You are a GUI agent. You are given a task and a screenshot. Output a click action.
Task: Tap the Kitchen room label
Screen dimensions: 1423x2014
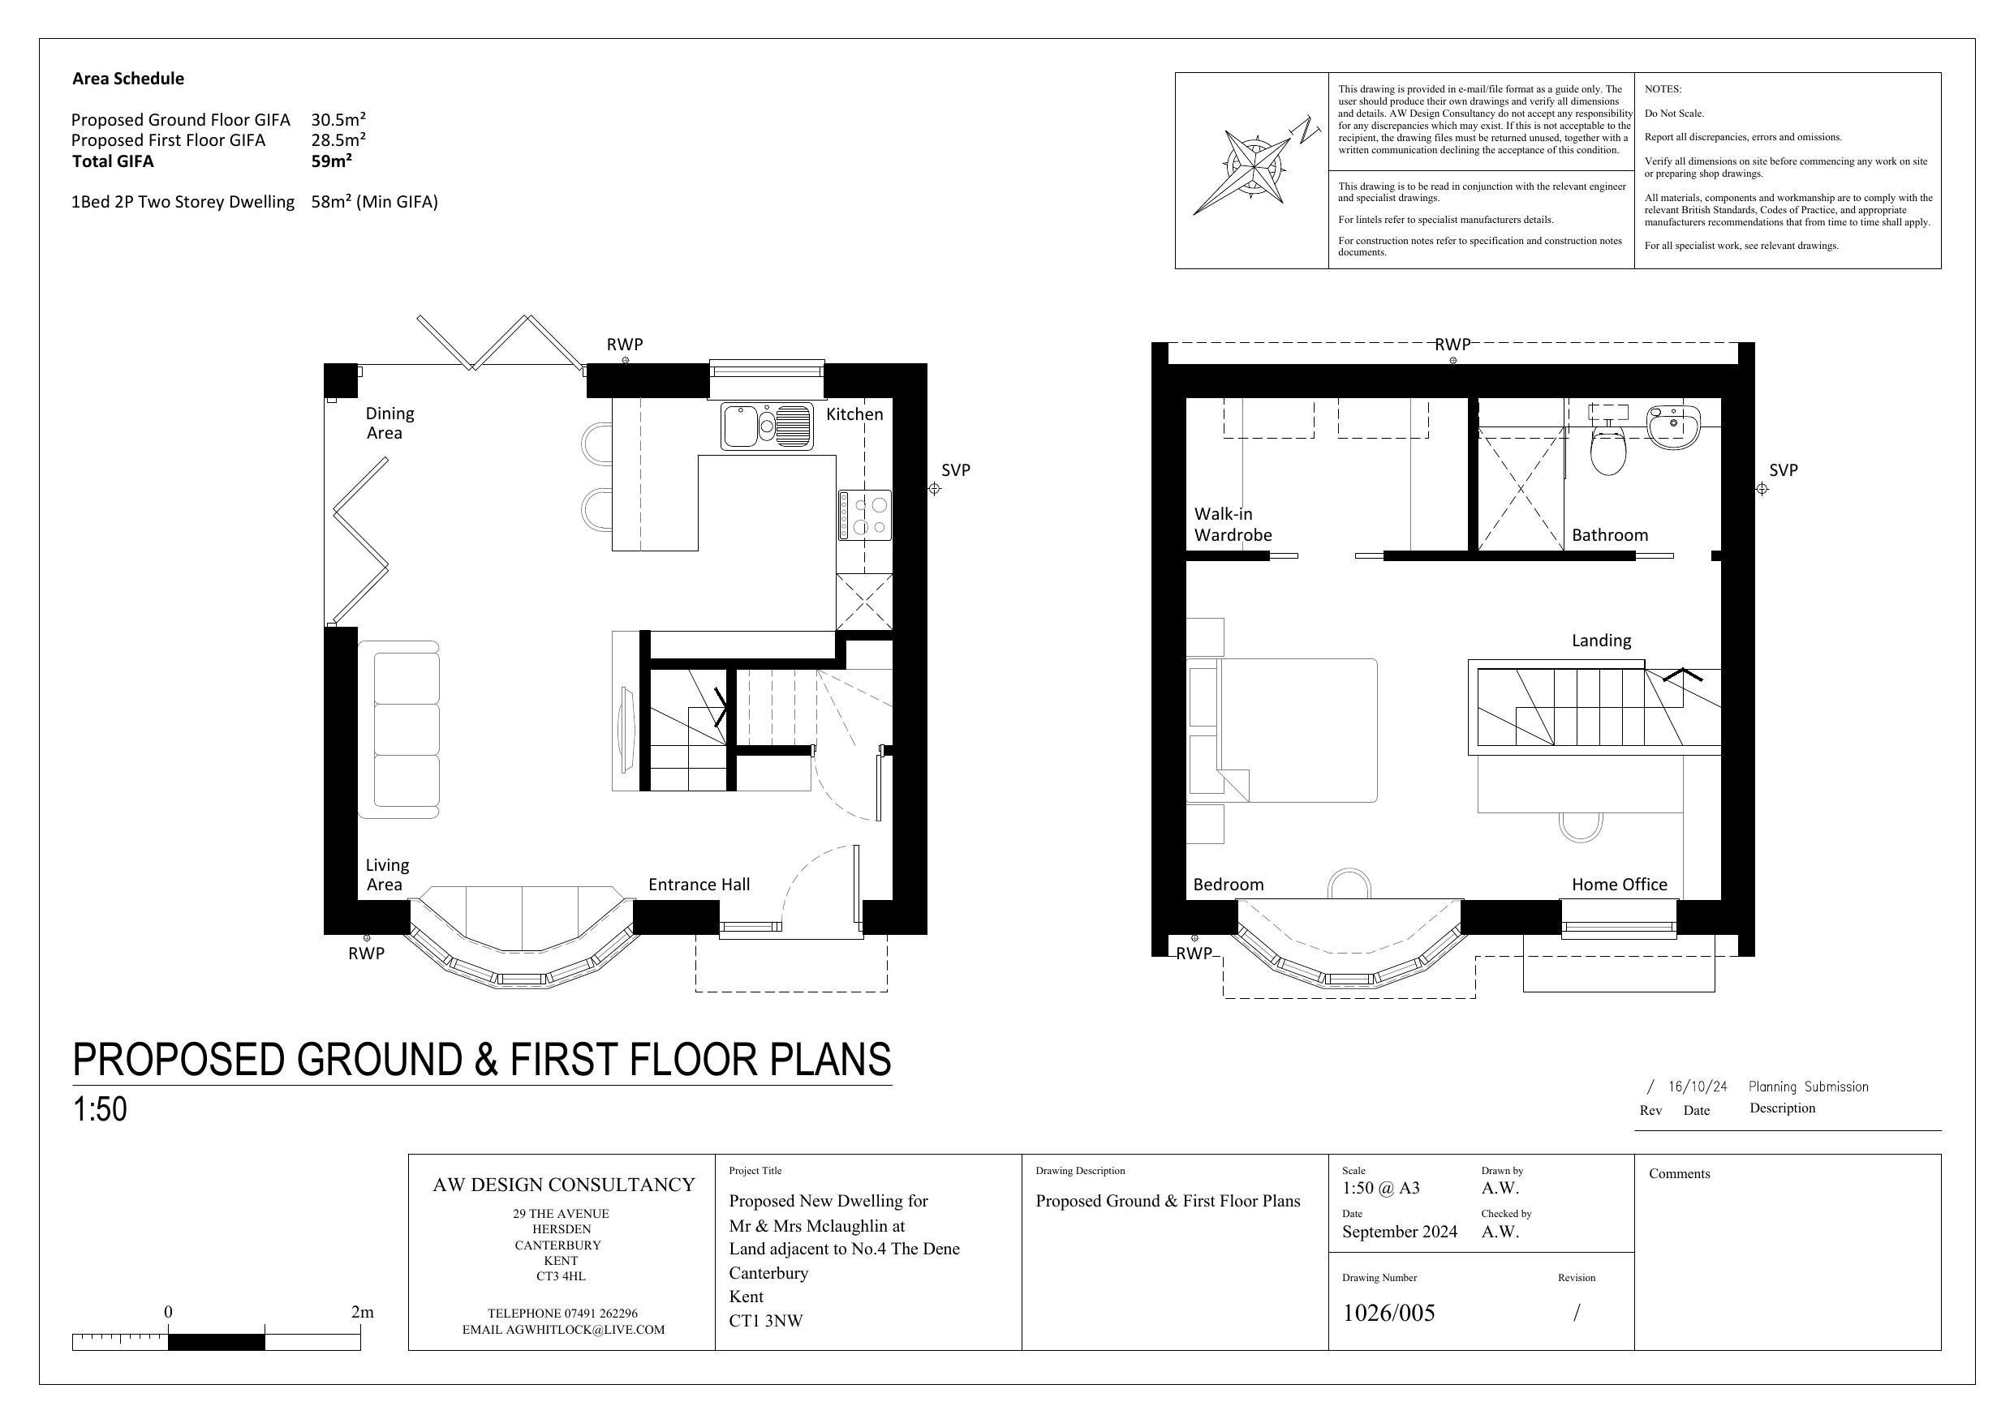pyautogui.click(x=854, y=414)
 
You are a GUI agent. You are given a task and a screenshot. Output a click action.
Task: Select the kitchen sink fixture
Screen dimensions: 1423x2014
pyautogui.click(x=767, y=426)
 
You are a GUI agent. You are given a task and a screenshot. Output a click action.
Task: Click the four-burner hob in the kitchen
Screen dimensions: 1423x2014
pyautogui.click(x=865, y=515)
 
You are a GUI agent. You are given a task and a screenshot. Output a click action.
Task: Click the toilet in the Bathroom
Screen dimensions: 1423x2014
pyautogui.click(x=1607, y=451)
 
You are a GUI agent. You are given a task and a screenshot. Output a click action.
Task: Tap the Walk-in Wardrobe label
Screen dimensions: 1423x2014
pyautogui.click(x=1232, y=525)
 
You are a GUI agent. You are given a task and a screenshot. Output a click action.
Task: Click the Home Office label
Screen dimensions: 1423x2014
pyautogui.click(x=1618, y=885)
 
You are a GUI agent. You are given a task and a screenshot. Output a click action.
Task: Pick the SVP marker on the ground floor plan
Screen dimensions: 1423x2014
pyautogui.click(x=934, y=488)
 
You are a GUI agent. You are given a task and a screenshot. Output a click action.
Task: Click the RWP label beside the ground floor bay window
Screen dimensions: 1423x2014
pyautogui.click(x=366, y=953)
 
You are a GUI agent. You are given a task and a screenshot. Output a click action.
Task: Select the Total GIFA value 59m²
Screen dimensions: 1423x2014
pyautogui.click(x=332, y=161)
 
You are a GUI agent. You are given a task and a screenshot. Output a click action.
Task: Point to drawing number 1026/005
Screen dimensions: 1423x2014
pyautogui.click(x=1388, y=1313)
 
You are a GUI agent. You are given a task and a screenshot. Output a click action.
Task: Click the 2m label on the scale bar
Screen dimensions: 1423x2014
pyautogui.click(x=361, y=1313)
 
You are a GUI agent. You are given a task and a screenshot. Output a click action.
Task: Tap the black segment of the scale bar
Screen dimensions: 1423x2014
pyautogui.click(x=216, y=1341)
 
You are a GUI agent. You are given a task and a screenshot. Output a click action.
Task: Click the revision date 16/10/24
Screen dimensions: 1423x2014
pyautogui.click(x=1697, y=1087)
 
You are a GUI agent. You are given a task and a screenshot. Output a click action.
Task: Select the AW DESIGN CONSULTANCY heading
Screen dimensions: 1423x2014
pyautogui.click(x=563, y=1185)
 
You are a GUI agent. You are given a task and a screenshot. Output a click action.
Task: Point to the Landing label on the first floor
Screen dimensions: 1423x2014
pyautogui.click(x=1601, y=641)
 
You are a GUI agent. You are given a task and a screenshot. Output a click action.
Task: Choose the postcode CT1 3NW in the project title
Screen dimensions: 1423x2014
pyautogui.click(x=765, y=1320)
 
